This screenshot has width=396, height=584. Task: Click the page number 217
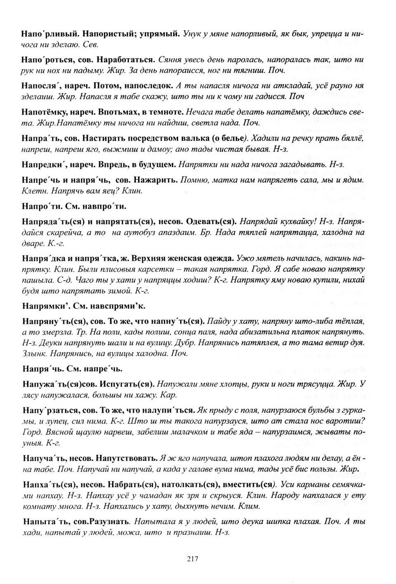[193, 559]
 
